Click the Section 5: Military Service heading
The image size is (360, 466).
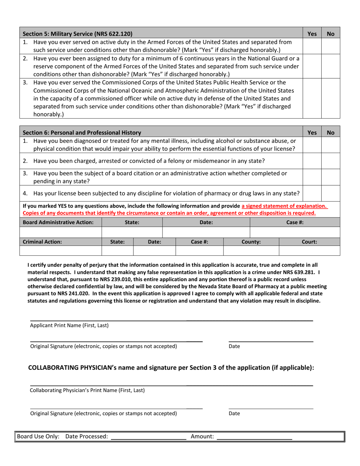78,34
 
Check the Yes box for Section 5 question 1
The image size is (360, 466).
312,46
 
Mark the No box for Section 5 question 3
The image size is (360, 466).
330,98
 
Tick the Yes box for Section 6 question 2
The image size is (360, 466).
312,161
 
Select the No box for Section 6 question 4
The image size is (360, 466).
330,194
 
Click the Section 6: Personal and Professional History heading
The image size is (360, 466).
82,133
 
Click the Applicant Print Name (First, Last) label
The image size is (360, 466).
69,325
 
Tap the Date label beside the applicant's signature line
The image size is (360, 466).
234,346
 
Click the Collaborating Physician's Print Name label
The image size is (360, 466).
87,390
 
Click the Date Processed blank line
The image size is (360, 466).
148,436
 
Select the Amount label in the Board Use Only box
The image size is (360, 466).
202,436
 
